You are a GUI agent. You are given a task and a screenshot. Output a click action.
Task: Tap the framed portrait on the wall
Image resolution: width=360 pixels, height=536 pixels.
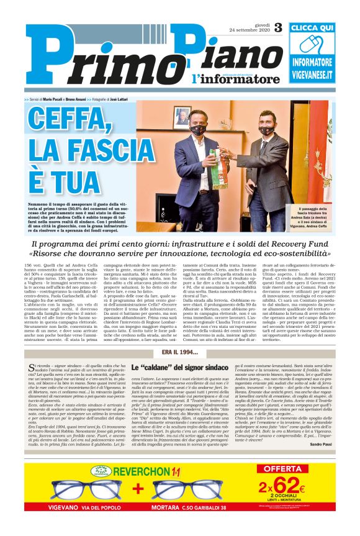point(182,116)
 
